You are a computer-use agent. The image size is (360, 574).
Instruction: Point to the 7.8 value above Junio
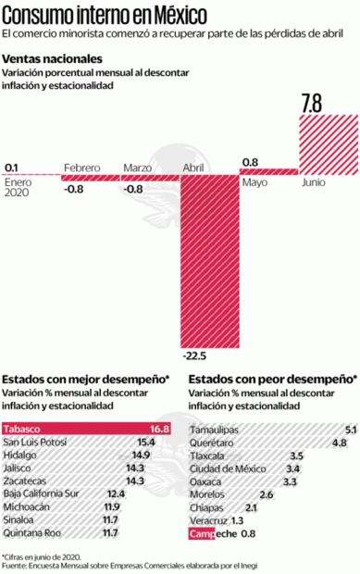(312, 105)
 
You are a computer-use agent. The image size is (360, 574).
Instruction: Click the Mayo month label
(255, 183)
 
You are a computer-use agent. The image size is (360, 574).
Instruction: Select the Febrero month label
(82, 168)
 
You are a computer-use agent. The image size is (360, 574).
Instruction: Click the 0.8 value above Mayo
(250, 162)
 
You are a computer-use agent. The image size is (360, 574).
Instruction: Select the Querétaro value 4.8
(339, 443)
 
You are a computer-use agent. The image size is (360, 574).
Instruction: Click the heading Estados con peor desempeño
(272, 380)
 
